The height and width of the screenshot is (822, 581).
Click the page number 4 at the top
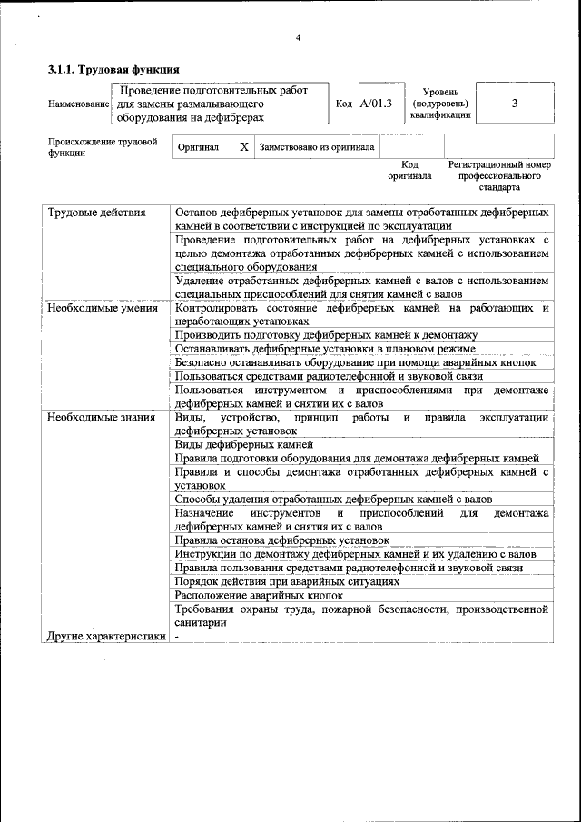coord(298,37)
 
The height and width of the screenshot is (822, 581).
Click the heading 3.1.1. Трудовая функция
coord(113,69)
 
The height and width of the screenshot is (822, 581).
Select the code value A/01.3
coord(376,104)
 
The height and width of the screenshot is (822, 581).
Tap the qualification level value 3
coord(514,104)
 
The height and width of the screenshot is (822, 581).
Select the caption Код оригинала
coord(409,171)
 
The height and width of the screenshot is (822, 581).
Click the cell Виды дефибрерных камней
coord(243,444)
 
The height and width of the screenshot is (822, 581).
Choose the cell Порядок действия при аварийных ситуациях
coord(287,581)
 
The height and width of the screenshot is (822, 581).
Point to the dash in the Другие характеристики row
coord(178,637)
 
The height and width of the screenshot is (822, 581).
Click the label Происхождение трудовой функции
coord(102,147)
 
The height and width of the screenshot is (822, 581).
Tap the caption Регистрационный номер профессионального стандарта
coord(499,176)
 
